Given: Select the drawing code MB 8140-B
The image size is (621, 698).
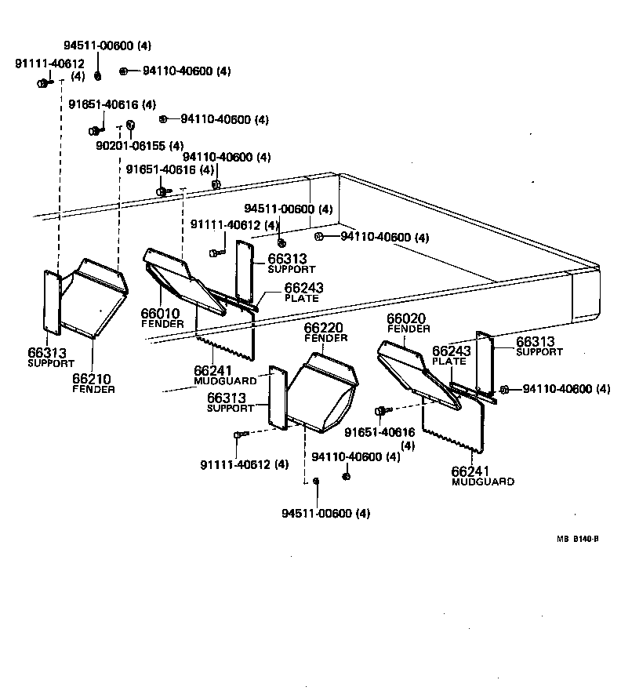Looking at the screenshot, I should coord(578,539).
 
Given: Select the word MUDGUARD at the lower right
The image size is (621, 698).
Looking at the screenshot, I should coord(483,482).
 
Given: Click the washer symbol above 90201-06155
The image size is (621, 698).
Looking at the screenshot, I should coord(131,124).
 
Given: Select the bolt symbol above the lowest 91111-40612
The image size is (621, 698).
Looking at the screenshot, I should coord(240,434).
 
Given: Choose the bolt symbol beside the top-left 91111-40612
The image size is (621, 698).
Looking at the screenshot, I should coord(43,83).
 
